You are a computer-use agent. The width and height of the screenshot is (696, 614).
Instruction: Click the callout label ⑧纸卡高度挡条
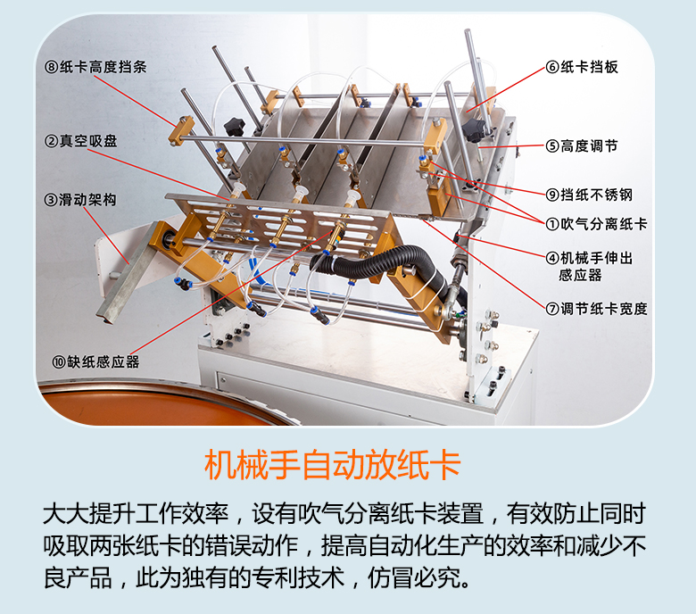click(96, 66)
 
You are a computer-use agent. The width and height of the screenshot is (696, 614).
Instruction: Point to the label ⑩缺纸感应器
click(96, 361)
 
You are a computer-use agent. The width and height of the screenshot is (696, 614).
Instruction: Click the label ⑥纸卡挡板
click(582, 67)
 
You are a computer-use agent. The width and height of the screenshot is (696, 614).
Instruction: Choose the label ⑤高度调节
click(582, 145)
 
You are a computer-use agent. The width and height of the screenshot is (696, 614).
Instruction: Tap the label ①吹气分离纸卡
click(596, 224)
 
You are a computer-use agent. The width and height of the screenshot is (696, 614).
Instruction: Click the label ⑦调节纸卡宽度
click(596, 309)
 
